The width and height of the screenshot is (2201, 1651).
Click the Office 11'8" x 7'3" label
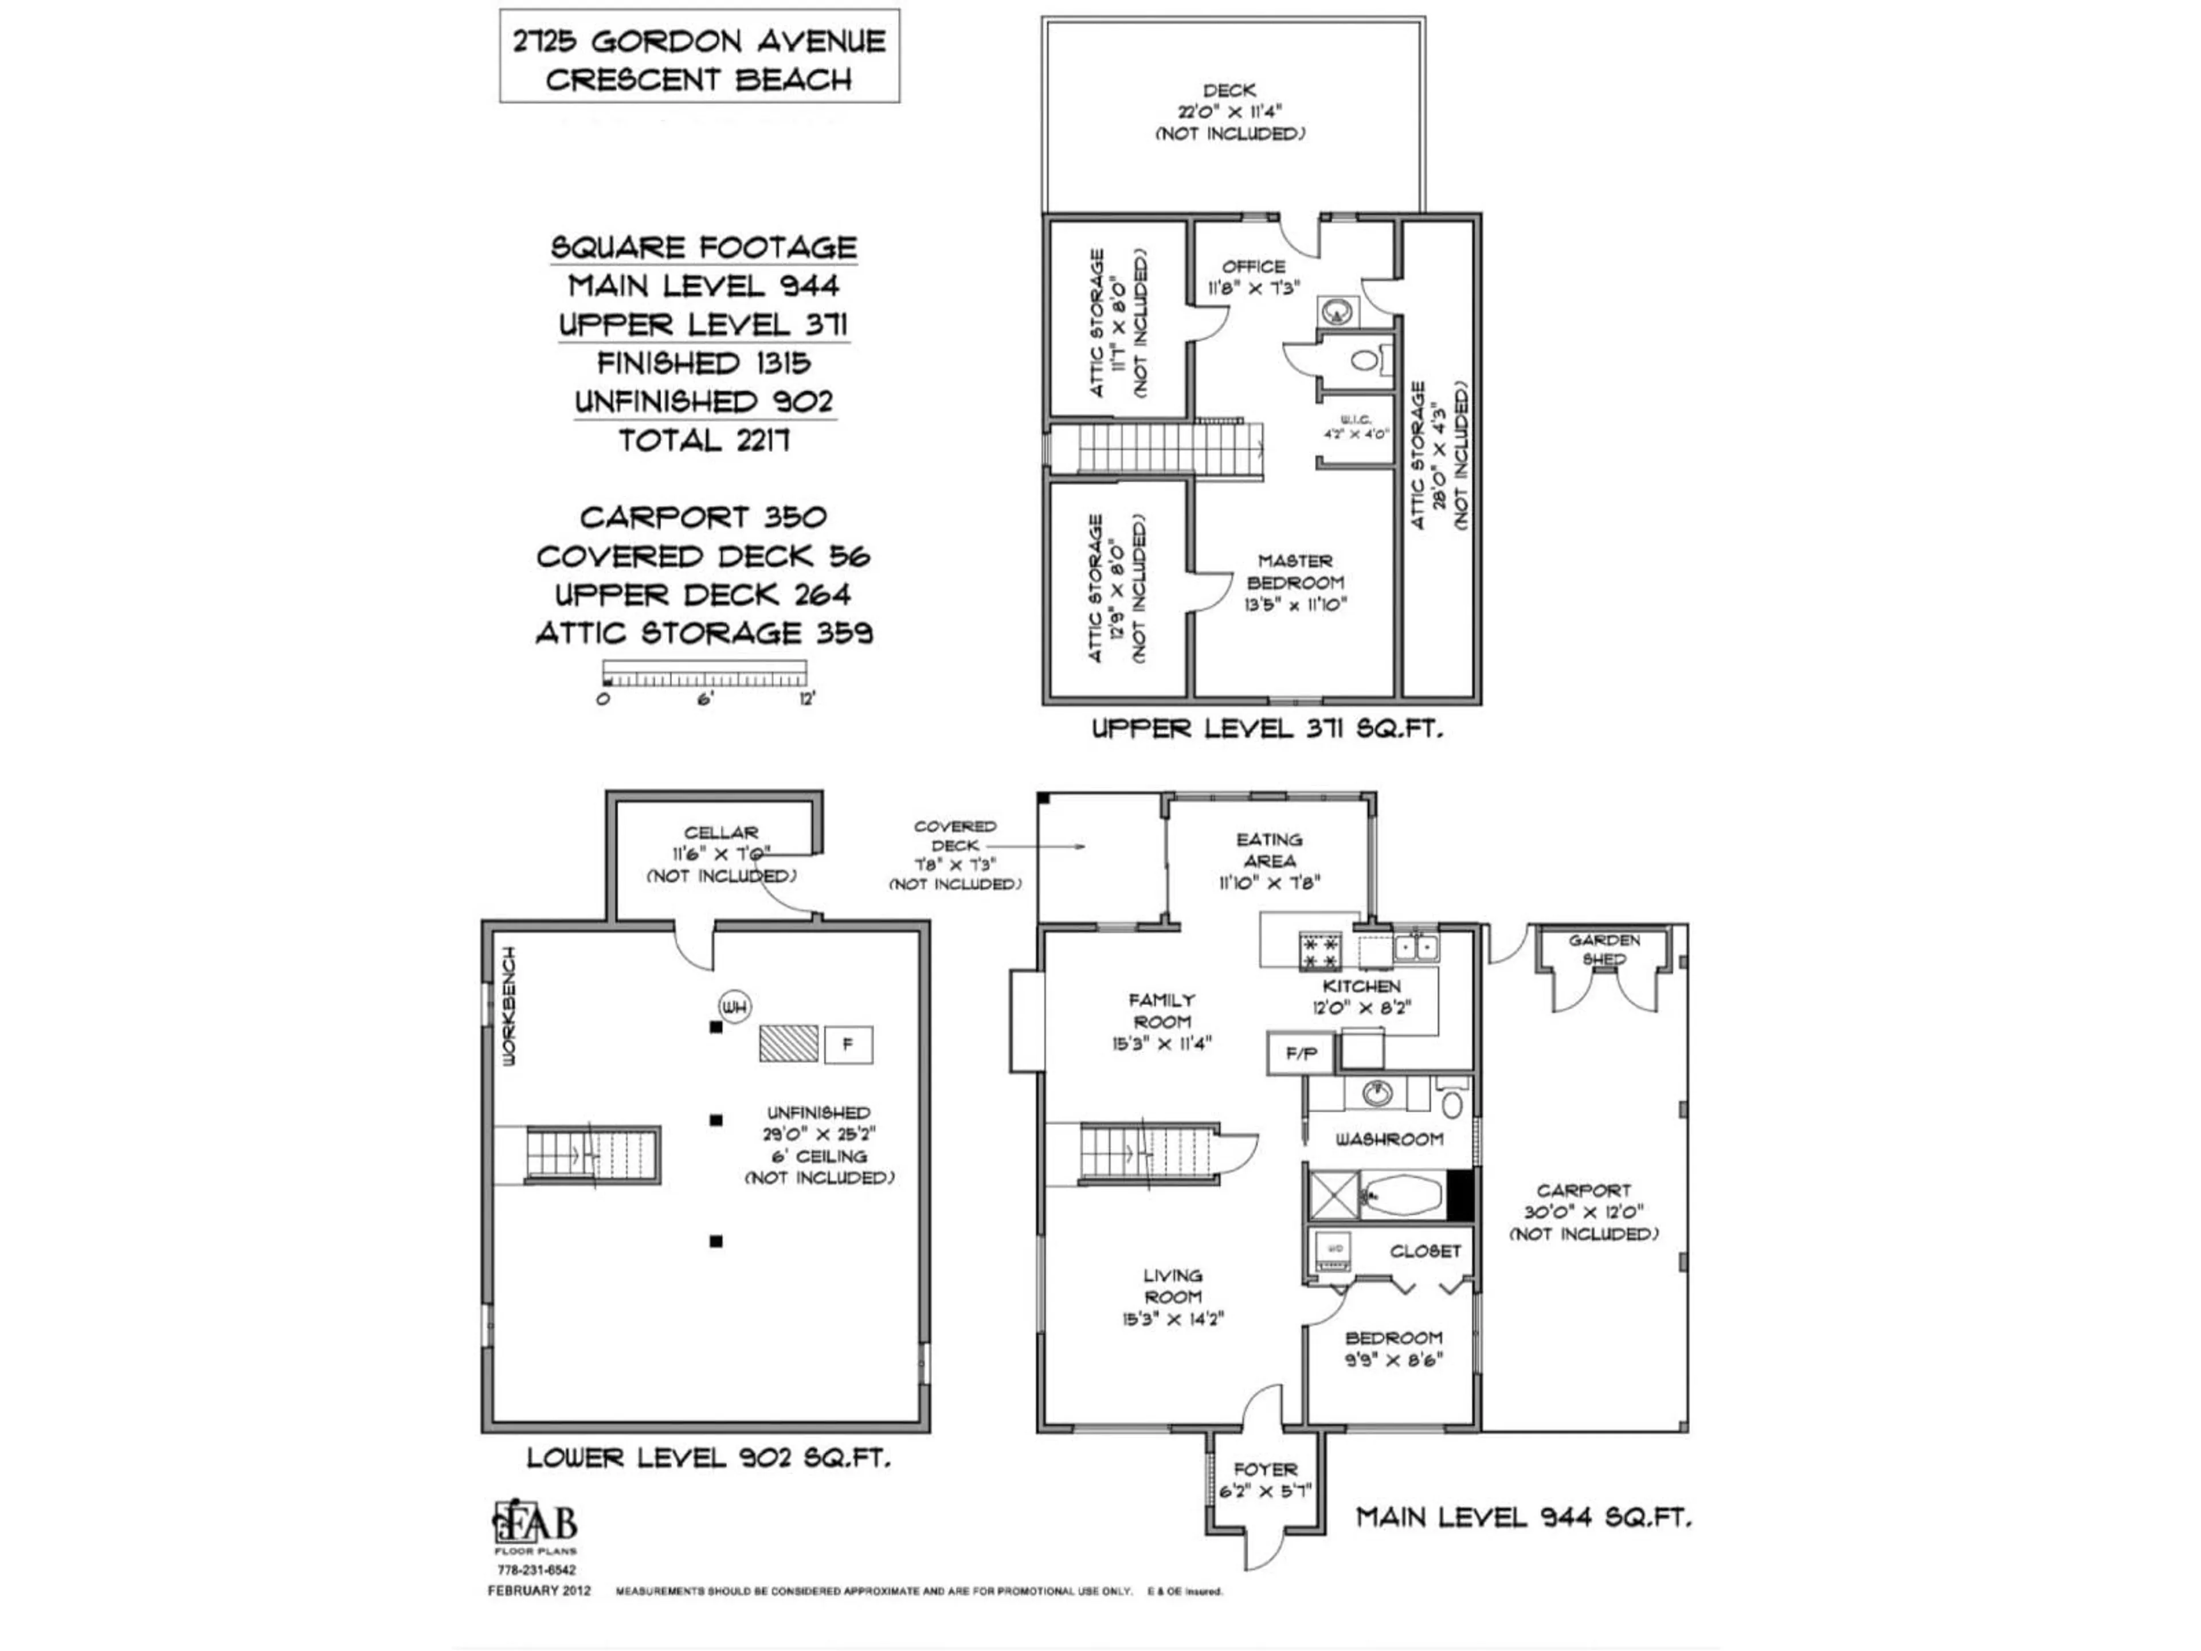[x=1254, y=277]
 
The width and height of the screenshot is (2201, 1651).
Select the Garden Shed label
[x=1604, y=949]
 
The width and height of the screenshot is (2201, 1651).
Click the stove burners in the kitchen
[x=1321, y=950]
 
